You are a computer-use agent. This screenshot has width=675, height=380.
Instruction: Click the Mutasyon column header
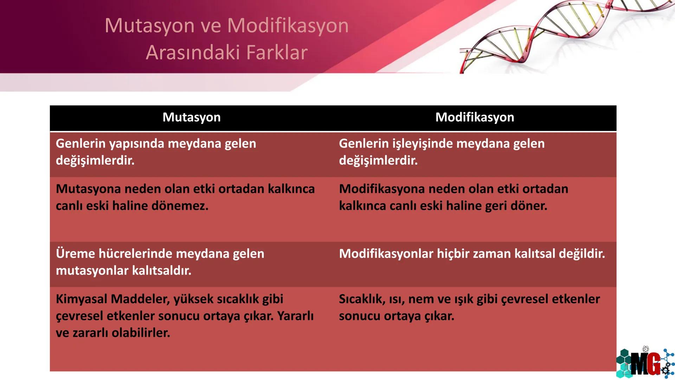pyautogui.click(x=192, y=117)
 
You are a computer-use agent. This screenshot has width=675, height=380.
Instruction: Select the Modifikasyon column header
pyautogui.click(x=475, y=117)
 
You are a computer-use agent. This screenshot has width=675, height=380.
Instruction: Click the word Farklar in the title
pyautogui.click(x=277, y=52)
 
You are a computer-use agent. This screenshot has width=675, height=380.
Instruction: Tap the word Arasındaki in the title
pyautogui.click(x=193, y=52)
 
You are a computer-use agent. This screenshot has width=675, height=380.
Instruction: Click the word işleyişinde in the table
pyautogui.click(x=417, y=144)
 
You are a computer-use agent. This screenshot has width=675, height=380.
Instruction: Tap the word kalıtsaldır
pyautogui.click(x=162, y=271)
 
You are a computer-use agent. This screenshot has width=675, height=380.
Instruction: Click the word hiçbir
pyautogui.click(x=454, y=254)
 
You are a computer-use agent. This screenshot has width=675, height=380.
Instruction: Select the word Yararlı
pyautogui.click(x=295, y=316)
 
